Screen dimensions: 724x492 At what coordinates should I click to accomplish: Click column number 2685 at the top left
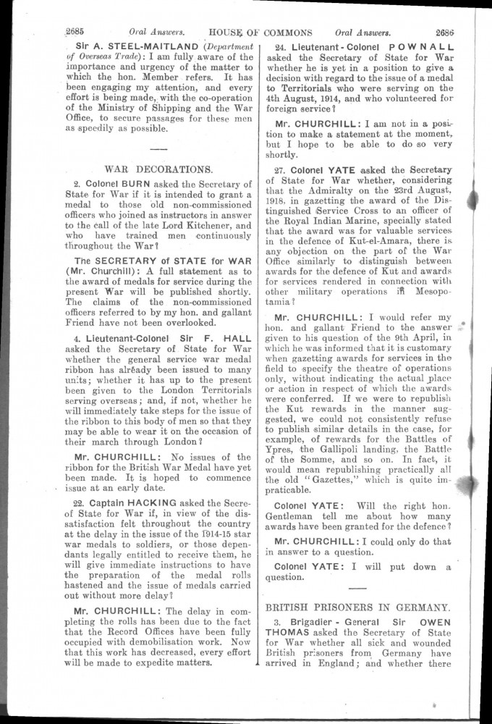point(76,32)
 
